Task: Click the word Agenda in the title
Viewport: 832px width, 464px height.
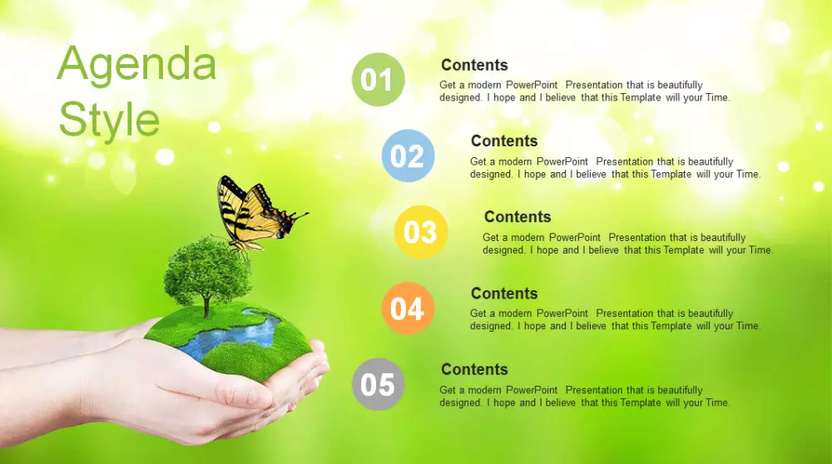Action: (x=136, y=65)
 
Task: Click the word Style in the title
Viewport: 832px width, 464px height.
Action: (x=109, y=120)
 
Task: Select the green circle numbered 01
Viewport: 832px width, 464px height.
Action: (x=378, y=80)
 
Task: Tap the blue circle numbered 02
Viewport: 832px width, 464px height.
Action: (x=408, y=155)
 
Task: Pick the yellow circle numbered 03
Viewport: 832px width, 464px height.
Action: (x=421, y=232)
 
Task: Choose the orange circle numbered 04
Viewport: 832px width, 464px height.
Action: (x=408, y=309)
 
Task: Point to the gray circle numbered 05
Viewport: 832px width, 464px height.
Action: (x=378, y=384)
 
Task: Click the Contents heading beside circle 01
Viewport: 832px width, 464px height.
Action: (x=474, y=65)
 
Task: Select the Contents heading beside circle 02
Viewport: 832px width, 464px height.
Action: (x=504, y=141)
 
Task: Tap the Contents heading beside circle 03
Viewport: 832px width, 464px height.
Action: (x=518, y=216)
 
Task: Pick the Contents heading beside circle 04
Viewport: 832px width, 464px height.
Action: (x=504, y=294)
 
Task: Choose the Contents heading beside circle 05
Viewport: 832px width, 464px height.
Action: (x=474, y=369)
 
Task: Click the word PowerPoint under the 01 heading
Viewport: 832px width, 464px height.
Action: (x=531, y=85)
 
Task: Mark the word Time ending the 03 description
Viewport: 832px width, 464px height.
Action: (x=760, y=249)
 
